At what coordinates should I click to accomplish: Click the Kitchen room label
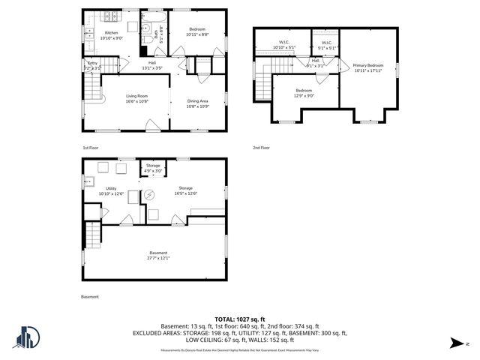tap(111, 33)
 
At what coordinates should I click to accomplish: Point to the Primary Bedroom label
tap(367, 66)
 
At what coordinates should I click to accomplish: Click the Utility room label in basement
tap(110, 189)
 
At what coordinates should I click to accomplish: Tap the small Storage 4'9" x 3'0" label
tap(153, 168)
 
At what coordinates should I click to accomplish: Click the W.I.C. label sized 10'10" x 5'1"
tap(284, 43)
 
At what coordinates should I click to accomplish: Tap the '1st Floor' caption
tap(90, 148)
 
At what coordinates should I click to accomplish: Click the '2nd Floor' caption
tap(262, 148)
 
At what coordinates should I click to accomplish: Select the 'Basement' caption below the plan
tap(89, 296)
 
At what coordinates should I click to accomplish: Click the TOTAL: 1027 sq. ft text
tap(240, 319)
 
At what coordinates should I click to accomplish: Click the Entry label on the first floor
tap(92, 65)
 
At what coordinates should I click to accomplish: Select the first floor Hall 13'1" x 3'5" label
tap(152, 65)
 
